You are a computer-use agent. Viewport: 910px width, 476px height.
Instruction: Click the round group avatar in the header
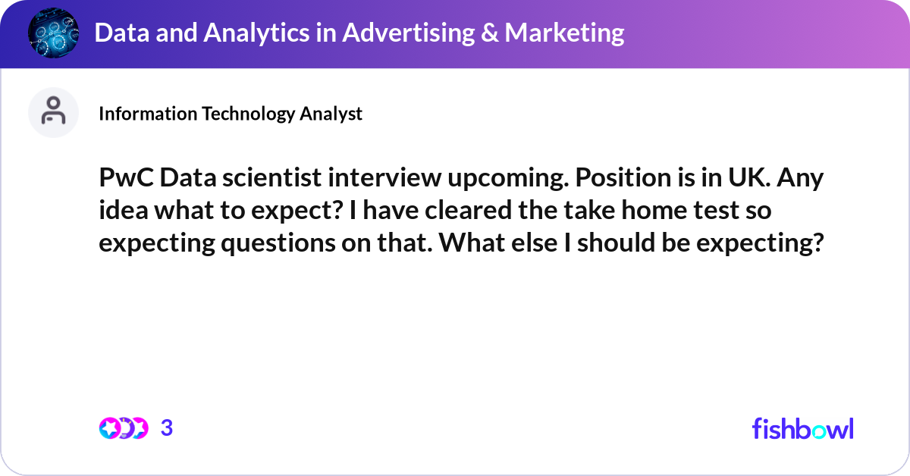tap(53, 33)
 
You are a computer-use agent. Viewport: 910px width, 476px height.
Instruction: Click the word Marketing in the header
tap(564, 33)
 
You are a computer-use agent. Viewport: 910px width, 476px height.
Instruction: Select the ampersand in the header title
tap(489, 33)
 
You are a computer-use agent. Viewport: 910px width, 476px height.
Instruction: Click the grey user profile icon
tap(53, 112)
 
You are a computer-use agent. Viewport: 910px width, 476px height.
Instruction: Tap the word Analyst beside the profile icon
tap(331, 114)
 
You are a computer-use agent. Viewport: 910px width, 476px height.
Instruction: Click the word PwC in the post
tap(127, 178)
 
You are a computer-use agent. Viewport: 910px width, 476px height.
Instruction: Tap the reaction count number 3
tap(167, 428)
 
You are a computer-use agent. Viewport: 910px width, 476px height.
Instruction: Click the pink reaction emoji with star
tap(109, 428)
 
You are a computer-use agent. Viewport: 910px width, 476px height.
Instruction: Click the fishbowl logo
tap(803, 429)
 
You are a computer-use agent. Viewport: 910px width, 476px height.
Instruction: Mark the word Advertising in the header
tap(408, 33)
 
